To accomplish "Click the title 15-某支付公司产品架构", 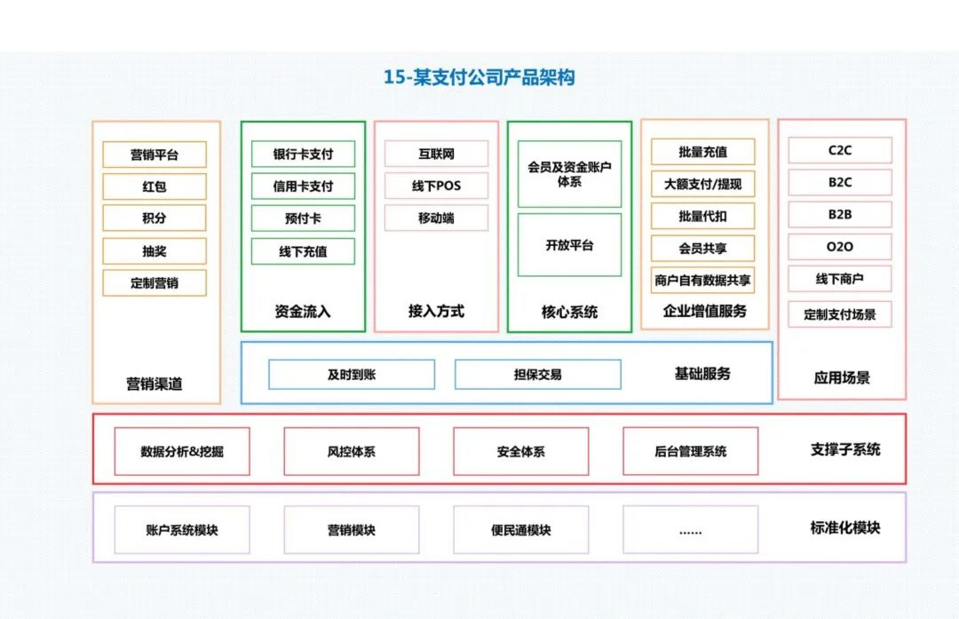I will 479,77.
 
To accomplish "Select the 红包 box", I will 155,186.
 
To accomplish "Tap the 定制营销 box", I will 155,283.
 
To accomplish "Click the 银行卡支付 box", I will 303,154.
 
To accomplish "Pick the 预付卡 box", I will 303,218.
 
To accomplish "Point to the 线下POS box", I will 436,186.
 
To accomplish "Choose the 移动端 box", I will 436,218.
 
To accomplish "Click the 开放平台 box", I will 569,245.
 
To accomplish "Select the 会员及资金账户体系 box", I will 569,174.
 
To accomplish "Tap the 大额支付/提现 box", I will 702,184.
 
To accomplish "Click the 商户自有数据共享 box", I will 702,280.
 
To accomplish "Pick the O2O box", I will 839,246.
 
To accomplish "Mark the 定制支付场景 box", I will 839,314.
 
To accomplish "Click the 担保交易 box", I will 537,375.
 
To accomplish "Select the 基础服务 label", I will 702,374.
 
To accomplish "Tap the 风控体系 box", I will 351,451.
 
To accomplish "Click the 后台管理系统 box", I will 690,451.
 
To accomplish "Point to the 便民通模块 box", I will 520,530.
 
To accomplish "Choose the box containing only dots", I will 690,530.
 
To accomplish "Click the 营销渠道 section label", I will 155,385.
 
